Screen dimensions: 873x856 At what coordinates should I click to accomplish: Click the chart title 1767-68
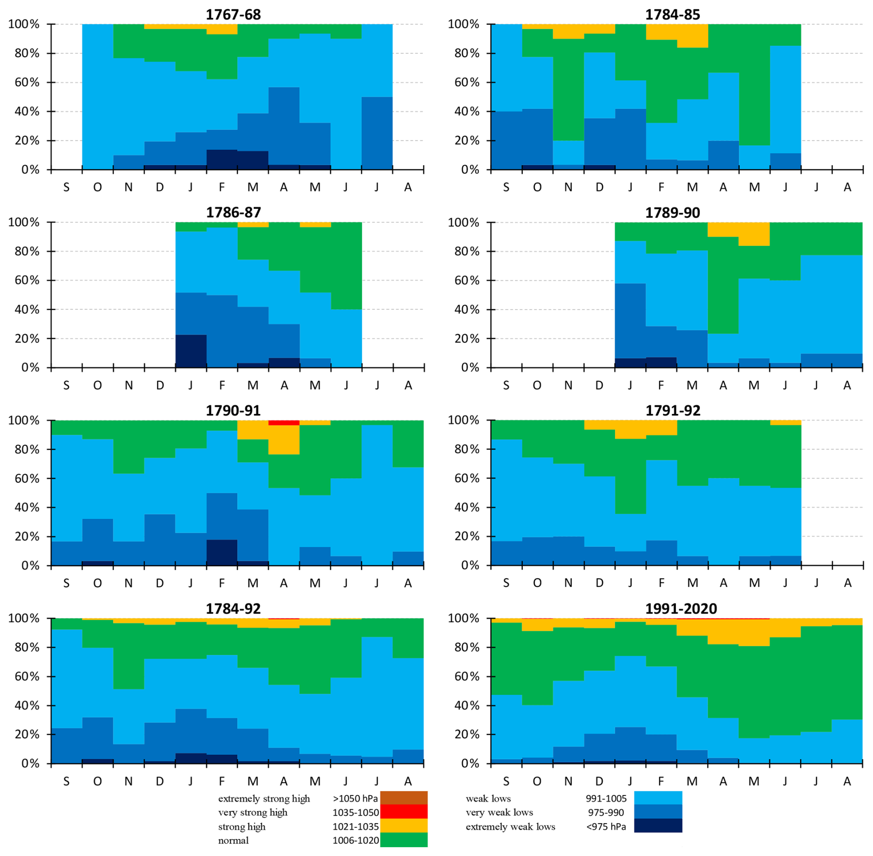coord(233,14)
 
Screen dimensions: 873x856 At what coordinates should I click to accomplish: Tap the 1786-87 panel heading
coord(233,212)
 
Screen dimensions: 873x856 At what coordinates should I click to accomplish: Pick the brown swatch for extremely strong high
coord(404,798)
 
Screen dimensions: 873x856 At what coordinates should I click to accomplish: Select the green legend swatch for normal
coord(404,839)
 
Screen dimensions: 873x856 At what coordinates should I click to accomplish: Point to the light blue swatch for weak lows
coord(658,798)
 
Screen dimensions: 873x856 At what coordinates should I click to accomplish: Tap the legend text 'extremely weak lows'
coord(510,826)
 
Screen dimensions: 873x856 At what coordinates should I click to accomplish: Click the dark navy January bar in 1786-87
coord(191,351)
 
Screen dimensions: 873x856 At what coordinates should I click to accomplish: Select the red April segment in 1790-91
coord(284,423)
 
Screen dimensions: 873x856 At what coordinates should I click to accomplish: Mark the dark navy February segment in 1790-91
coord(222,552)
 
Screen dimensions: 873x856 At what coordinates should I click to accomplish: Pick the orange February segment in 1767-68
coord(222,29)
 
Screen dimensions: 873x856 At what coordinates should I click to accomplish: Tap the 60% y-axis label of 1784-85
coord(463,83)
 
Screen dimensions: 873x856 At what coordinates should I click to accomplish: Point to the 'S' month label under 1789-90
coord(506,385)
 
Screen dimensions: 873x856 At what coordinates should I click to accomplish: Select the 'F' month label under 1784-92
coord(222,781)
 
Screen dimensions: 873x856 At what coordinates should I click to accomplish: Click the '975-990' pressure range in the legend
coord(605,812)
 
